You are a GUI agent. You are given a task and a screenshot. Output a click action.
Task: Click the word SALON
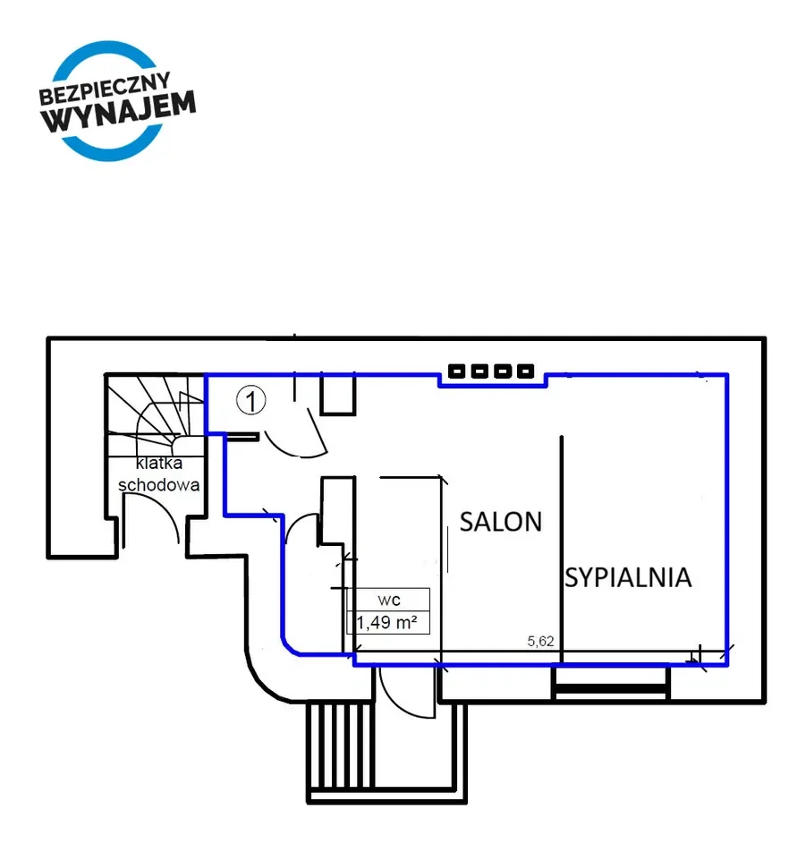click(501, 522)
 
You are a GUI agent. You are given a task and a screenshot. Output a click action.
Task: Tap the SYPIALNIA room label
click(628, 577)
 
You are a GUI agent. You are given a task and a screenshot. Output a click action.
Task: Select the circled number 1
click(250, 400)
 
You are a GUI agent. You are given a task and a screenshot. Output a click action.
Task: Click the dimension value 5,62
click(540, 641)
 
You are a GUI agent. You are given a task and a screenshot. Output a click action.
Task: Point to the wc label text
click(389, 600)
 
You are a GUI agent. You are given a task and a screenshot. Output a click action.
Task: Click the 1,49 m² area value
click(386, 623)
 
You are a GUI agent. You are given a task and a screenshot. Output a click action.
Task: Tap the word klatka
click(159, 463)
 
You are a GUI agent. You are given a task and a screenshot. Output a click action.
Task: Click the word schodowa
click(158, 485)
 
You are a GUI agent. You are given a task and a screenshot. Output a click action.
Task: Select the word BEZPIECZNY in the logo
click(105, 89)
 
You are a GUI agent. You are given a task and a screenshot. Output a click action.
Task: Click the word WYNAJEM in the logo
click(118, 112)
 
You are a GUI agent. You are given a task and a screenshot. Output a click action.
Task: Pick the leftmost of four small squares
click(456, 371)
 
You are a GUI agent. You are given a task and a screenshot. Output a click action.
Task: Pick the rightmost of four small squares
click(525, 371)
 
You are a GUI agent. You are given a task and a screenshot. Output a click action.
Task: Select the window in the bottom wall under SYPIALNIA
click(611, 684)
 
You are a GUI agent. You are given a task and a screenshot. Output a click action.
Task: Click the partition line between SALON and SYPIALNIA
click(562, 549)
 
